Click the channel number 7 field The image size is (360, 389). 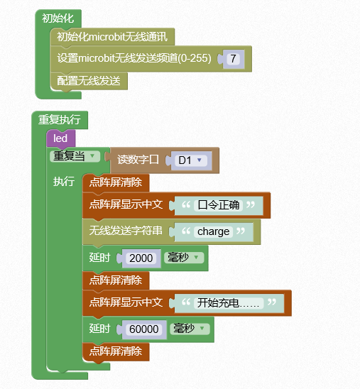click(x=233, y=59)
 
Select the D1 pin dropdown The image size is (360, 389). click(x=191, y=160)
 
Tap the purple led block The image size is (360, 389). click(x=60, y=138)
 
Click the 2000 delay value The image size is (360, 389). click(x=141, y=258)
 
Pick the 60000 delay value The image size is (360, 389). click(x=144, y=329)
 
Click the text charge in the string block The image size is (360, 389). click(x=213, y=231)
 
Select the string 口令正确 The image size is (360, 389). click(x=218, y=205)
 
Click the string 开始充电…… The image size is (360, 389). click(x=229, y=303)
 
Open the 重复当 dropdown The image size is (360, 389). click(x=75, y=156)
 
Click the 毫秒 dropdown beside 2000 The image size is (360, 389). click(x=184, y=258)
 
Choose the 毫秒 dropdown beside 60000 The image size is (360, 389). click(x=190, y=329)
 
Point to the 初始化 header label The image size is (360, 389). click(x=58, y=18)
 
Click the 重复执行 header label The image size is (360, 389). click(x=60, y=119)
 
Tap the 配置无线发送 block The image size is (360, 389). click(x=89, y=81)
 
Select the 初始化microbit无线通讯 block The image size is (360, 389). click(x=112, y=37)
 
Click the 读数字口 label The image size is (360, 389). click(x=138, y=160)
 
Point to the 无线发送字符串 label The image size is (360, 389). click(x=126, y=231)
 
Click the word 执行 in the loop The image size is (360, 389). click(x=64, y=181)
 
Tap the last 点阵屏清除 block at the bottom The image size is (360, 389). click(x=116, y=351)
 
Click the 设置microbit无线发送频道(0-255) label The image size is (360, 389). click(x=134, y=58)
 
